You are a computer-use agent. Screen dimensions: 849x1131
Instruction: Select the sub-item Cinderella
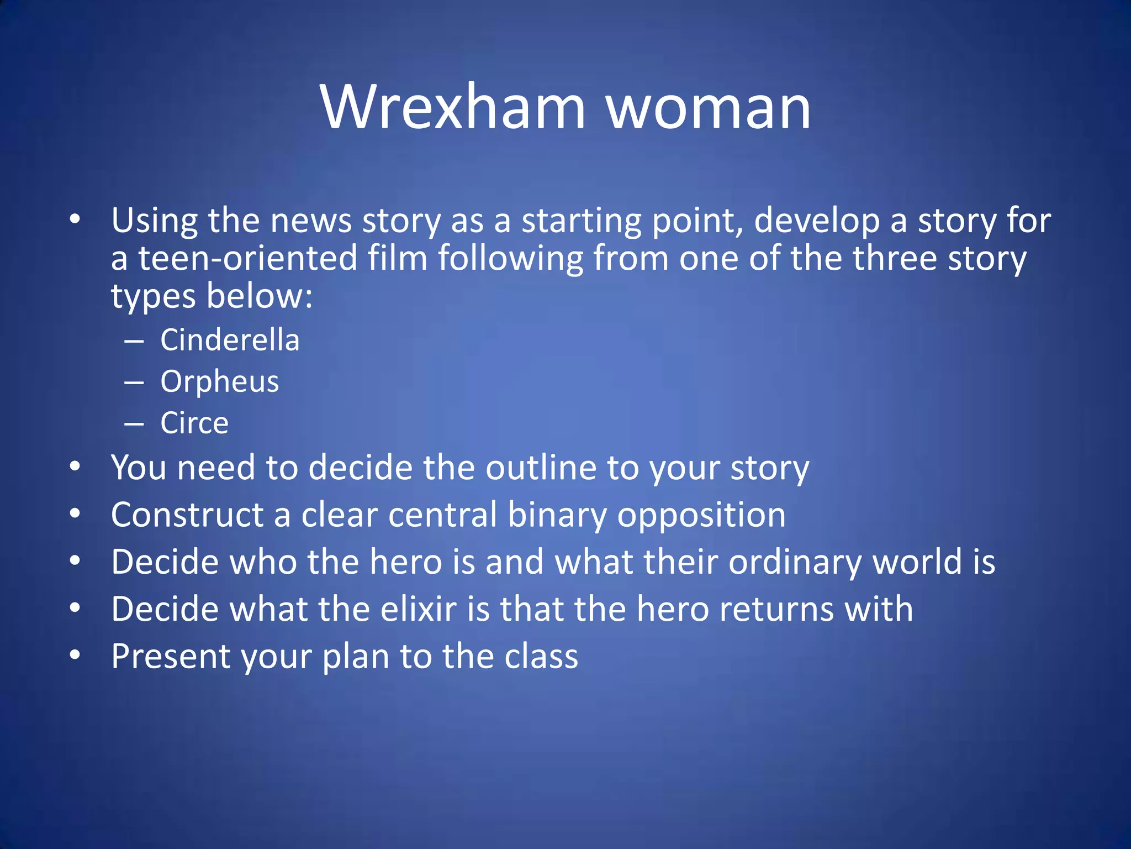click(230, 339)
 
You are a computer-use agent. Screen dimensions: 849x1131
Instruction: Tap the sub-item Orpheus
click(220, 381)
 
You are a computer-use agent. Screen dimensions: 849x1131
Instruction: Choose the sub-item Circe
click(194, 423)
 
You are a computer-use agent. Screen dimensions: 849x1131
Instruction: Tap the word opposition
click(701, 515)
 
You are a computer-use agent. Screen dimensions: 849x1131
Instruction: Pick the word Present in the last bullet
click(171, 656)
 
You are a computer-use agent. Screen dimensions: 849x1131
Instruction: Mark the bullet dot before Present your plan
click(75, 656)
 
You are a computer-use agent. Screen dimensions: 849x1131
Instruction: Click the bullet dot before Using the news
click(75, 219)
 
